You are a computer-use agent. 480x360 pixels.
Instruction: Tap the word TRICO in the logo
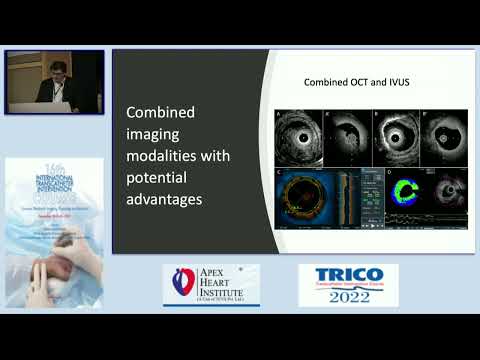347,278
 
